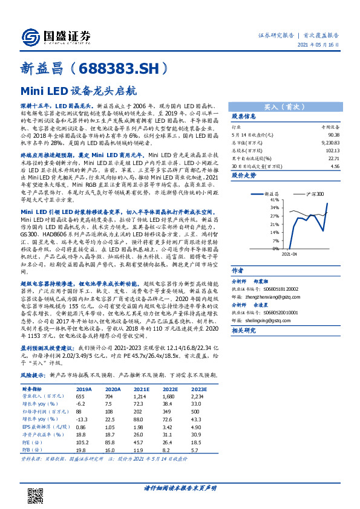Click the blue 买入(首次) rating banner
[x=283, y=104]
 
